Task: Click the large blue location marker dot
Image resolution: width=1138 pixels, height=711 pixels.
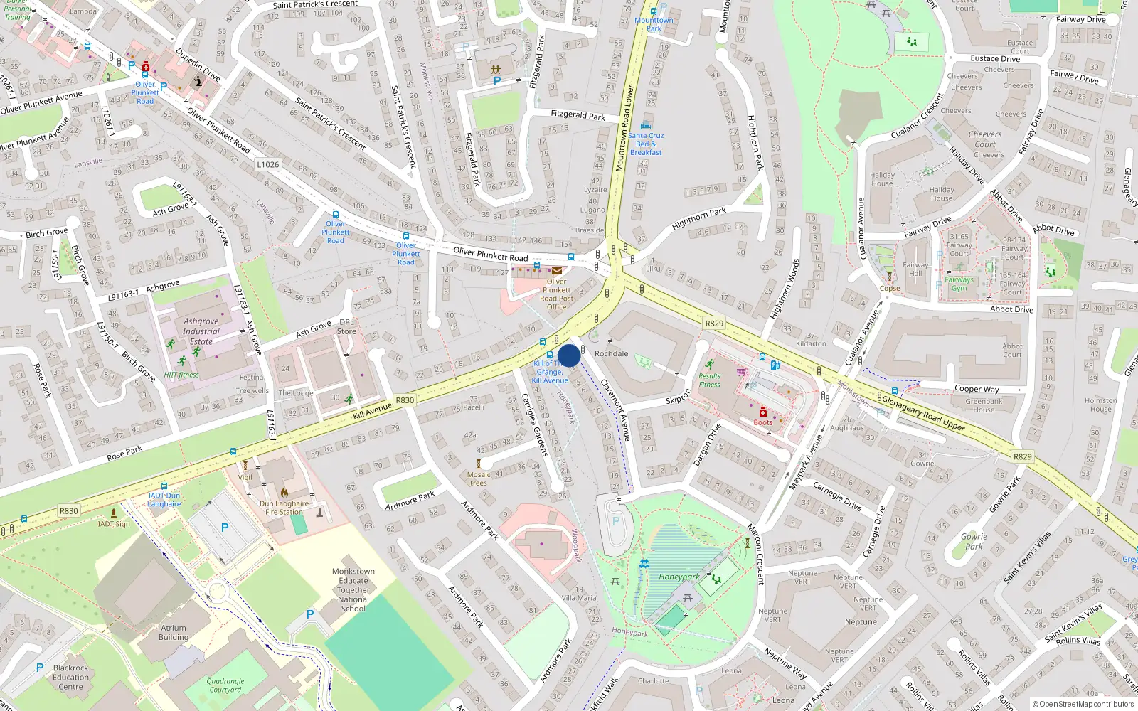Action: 569,355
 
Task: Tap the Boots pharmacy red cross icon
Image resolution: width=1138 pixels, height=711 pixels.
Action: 762,412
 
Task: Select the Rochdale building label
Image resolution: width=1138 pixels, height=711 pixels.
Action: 611,353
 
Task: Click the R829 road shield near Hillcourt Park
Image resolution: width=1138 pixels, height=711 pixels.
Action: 714,324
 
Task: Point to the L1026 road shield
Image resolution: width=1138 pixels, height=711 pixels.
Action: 268,164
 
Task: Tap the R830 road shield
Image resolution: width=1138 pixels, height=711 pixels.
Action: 69,511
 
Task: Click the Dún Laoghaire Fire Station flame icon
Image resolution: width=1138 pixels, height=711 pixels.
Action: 284,492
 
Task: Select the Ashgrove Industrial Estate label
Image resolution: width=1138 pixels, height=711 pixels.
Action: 201,331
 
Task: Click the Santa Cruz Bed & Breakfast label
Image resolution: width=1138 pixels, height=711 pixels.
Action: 646,144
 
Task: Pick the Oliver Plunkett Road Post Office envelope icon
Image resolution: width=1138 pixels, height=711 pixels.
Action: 557,271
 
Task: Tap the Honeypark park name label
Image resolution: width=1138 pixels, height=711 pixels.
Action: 679,577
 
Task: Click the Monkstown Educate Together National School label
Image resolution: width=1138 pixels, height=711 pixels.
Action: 353,590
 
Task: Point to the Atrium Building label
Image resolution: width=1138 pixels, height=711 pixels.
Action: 174,633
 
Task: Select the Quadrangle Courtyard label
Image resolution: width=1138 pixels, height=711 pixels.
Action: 225,685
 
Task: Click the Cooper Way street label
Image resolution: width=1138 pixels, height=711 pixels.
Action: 977,389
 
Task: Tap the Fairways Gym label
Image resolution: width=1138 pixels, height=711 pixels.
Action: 959,284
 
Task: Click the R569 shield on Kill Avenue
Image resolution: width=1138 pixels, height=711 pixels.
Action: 405,400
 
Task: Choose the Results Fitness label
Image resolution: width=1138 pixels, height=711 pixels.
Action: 709,380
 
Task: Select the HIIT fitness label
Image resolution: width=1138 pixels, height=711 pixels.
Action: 181,375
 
